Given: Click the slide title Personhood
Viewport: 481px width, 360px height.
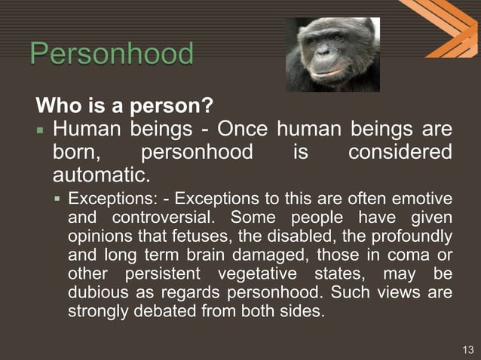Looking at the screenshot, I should (x=112, y=55).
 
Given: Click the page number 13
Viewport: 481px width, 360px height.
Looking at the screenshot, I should (x=467, y=349).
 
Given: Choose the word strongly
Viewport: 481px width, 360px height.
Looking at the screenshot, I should (x=97, y=310).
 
